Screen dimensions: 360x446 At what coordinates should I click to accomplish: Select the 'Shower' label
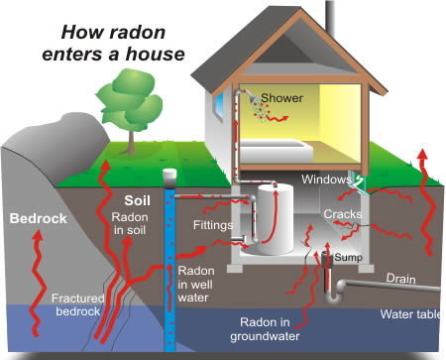(x=282, y=98)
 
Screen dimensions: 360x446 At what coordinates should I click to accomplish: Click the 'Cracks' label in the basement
(x=341, y=214)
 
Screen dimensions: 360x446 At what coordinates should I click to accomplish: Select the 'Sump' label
(x=349, y=257)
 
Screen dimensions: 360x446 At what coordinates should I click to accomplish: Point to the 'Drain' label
(x=401, y=280)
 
